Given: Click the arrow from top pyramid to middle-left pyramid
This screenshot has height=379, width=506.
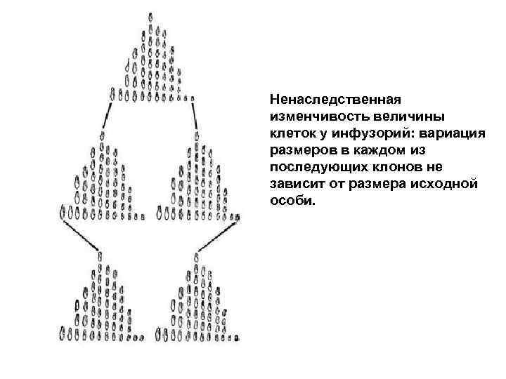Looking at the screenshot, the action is [108, 115].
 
